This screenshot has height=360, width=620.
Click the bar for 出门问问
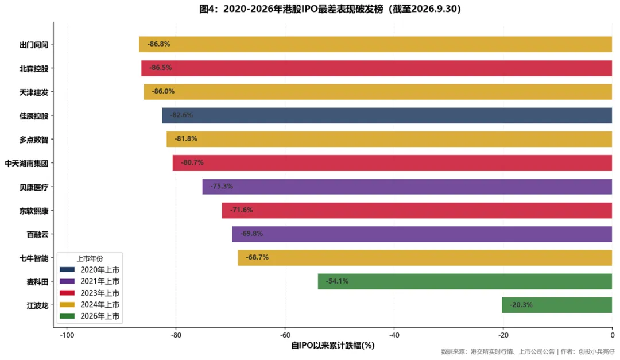point(375,44)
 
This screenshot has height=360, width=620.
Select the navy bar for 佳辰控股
point(387,115)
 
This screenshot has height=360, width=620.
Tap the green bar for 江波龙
point(557,305)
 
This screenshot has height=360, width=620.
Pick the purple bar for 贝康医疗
point(407,187)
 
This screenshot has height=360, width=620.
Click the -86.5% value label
point(161,68)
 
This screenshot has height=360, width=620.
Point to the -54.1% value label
point(338,281)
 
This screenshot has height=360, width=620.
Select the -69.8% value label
point(251,234)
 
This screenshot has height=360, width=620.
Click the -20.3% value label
point(521,305)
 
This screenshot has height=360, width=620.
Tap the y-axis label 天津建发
point(34,92)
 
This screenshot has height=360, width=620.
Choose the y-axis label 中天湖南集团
point(26,164)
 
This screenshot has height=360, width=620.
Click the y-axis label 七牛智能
point(34,258)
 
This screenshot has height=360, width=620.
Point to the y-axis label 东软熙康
point(34,211)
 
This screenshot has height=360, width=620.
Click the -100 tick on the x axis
point(67,335)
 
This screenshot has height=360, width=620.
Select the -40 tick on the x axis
point(394,335)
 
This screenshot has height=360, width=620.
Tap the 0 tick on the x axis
point(612,335)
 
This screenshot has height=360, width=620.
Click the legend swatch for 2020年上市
point(67,270)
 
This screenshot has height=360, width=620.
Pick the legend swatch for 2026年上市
point(67,316)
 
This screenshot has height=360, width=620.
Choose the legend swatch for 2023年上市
point(67,293)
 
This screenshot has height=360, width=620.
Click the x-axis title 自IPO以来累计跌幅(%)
point(333,346)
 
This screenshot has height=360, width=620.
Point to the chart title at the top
point(330,9)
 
